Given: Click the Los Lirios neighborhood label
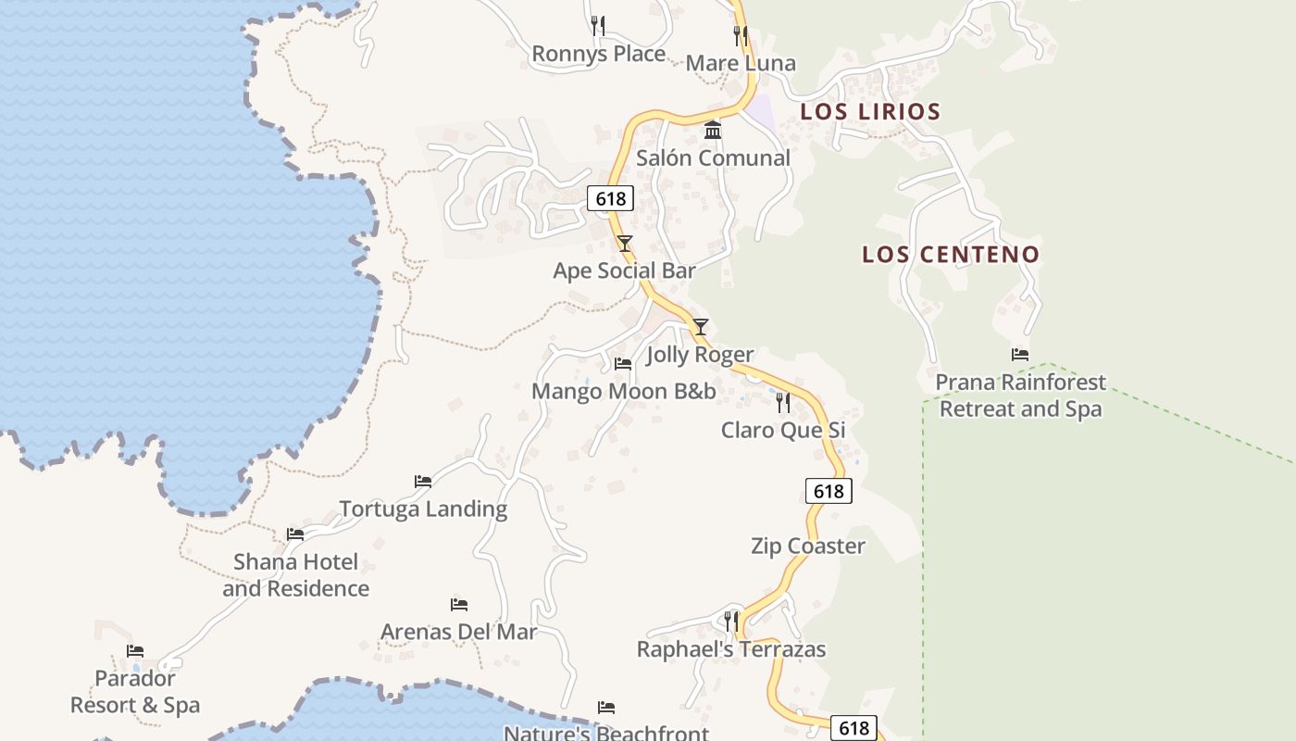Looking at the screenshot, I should pos(870,112).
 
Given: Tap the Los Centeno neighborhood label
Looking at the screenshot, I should pos(951,255).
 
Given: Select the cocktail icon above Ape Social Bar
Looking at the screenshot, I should pos(625,244).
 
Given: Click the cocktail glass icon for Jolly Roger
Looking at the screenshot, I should pos(701,327).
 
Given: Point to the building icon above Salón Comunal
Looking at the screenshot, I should pos(713,131).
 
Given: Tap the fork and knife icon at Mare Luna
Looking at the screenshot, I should pos(741,36).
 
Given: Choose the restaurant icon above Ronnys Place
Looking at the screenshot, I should pos(598,26).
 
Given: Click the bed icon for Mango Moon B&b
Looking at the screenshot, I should pos(623,364).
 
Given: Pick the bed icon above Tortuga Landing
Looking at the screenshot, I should pos(423,482).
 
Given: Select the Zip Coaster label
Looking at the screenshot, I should pos(808,546).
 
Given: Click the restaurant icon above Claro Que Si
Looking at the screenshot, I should pos(783,403).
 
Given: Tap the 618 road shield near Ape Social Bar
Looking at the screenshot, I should pos(610,198).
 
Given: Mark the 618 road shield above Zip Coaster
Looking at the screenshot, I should pos(829,491).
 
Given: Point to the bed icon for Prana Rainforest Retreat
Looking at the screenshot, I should pos(1020,355).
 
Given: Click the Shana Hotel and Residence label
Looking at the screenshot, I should pos(295,575).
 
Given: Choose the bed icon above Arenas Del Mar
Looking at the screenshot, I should pos(459,605).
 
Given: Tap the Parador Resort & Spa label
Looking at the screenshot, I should pos(135,692).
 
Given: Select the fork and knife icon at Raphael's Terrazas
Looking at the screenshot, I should pos(731,621).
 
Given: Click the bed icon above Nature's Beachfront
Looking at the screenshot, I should pos(606,709).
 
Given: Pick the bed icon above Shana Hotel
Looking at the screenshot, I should pos(295,534).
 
